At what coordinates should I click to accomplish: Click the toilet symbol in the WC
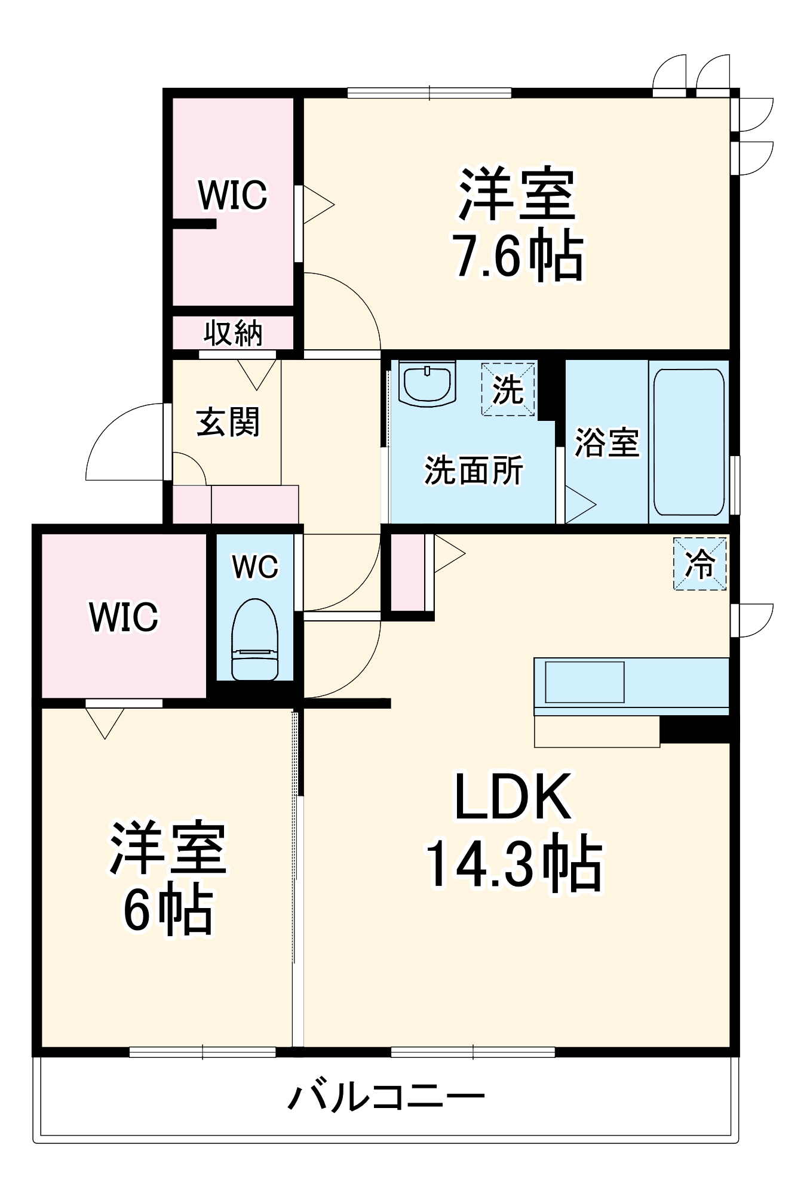tap(255, 640)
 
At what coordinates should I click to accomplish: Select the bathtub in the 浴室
tap(688, 442)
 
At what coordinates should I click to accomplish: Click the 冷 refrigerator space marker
tap(700, 564)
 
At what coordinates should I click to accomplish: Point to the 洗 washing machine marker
tap(508, 389)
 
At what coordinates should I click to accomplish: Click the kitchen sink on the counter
tap(584, 682)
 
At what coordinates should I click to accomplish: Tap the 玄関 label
tap(228, 422)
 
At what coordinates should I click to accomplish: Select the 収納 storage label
tap(233, 333)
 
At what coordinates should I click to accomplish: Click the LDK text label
tap(513, 797)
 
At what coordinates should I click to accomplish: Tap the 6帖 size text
tap(168, 910)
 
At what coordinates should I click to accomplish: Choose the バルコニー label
tap(386, 1097)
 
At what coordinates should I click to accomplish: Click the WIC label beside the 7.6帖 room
tap(232, 195)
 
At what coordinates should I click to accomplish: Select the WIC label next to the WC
tap(124, 617)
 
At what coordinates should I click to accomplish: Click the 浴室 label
tap(606, 442)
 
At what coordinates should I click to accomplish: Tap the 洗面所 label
tap(474, 470)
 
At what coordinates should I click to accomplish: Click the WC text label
tap(255, 566)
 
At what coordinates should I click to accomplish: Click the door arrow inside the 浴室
tap(579, 505)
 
